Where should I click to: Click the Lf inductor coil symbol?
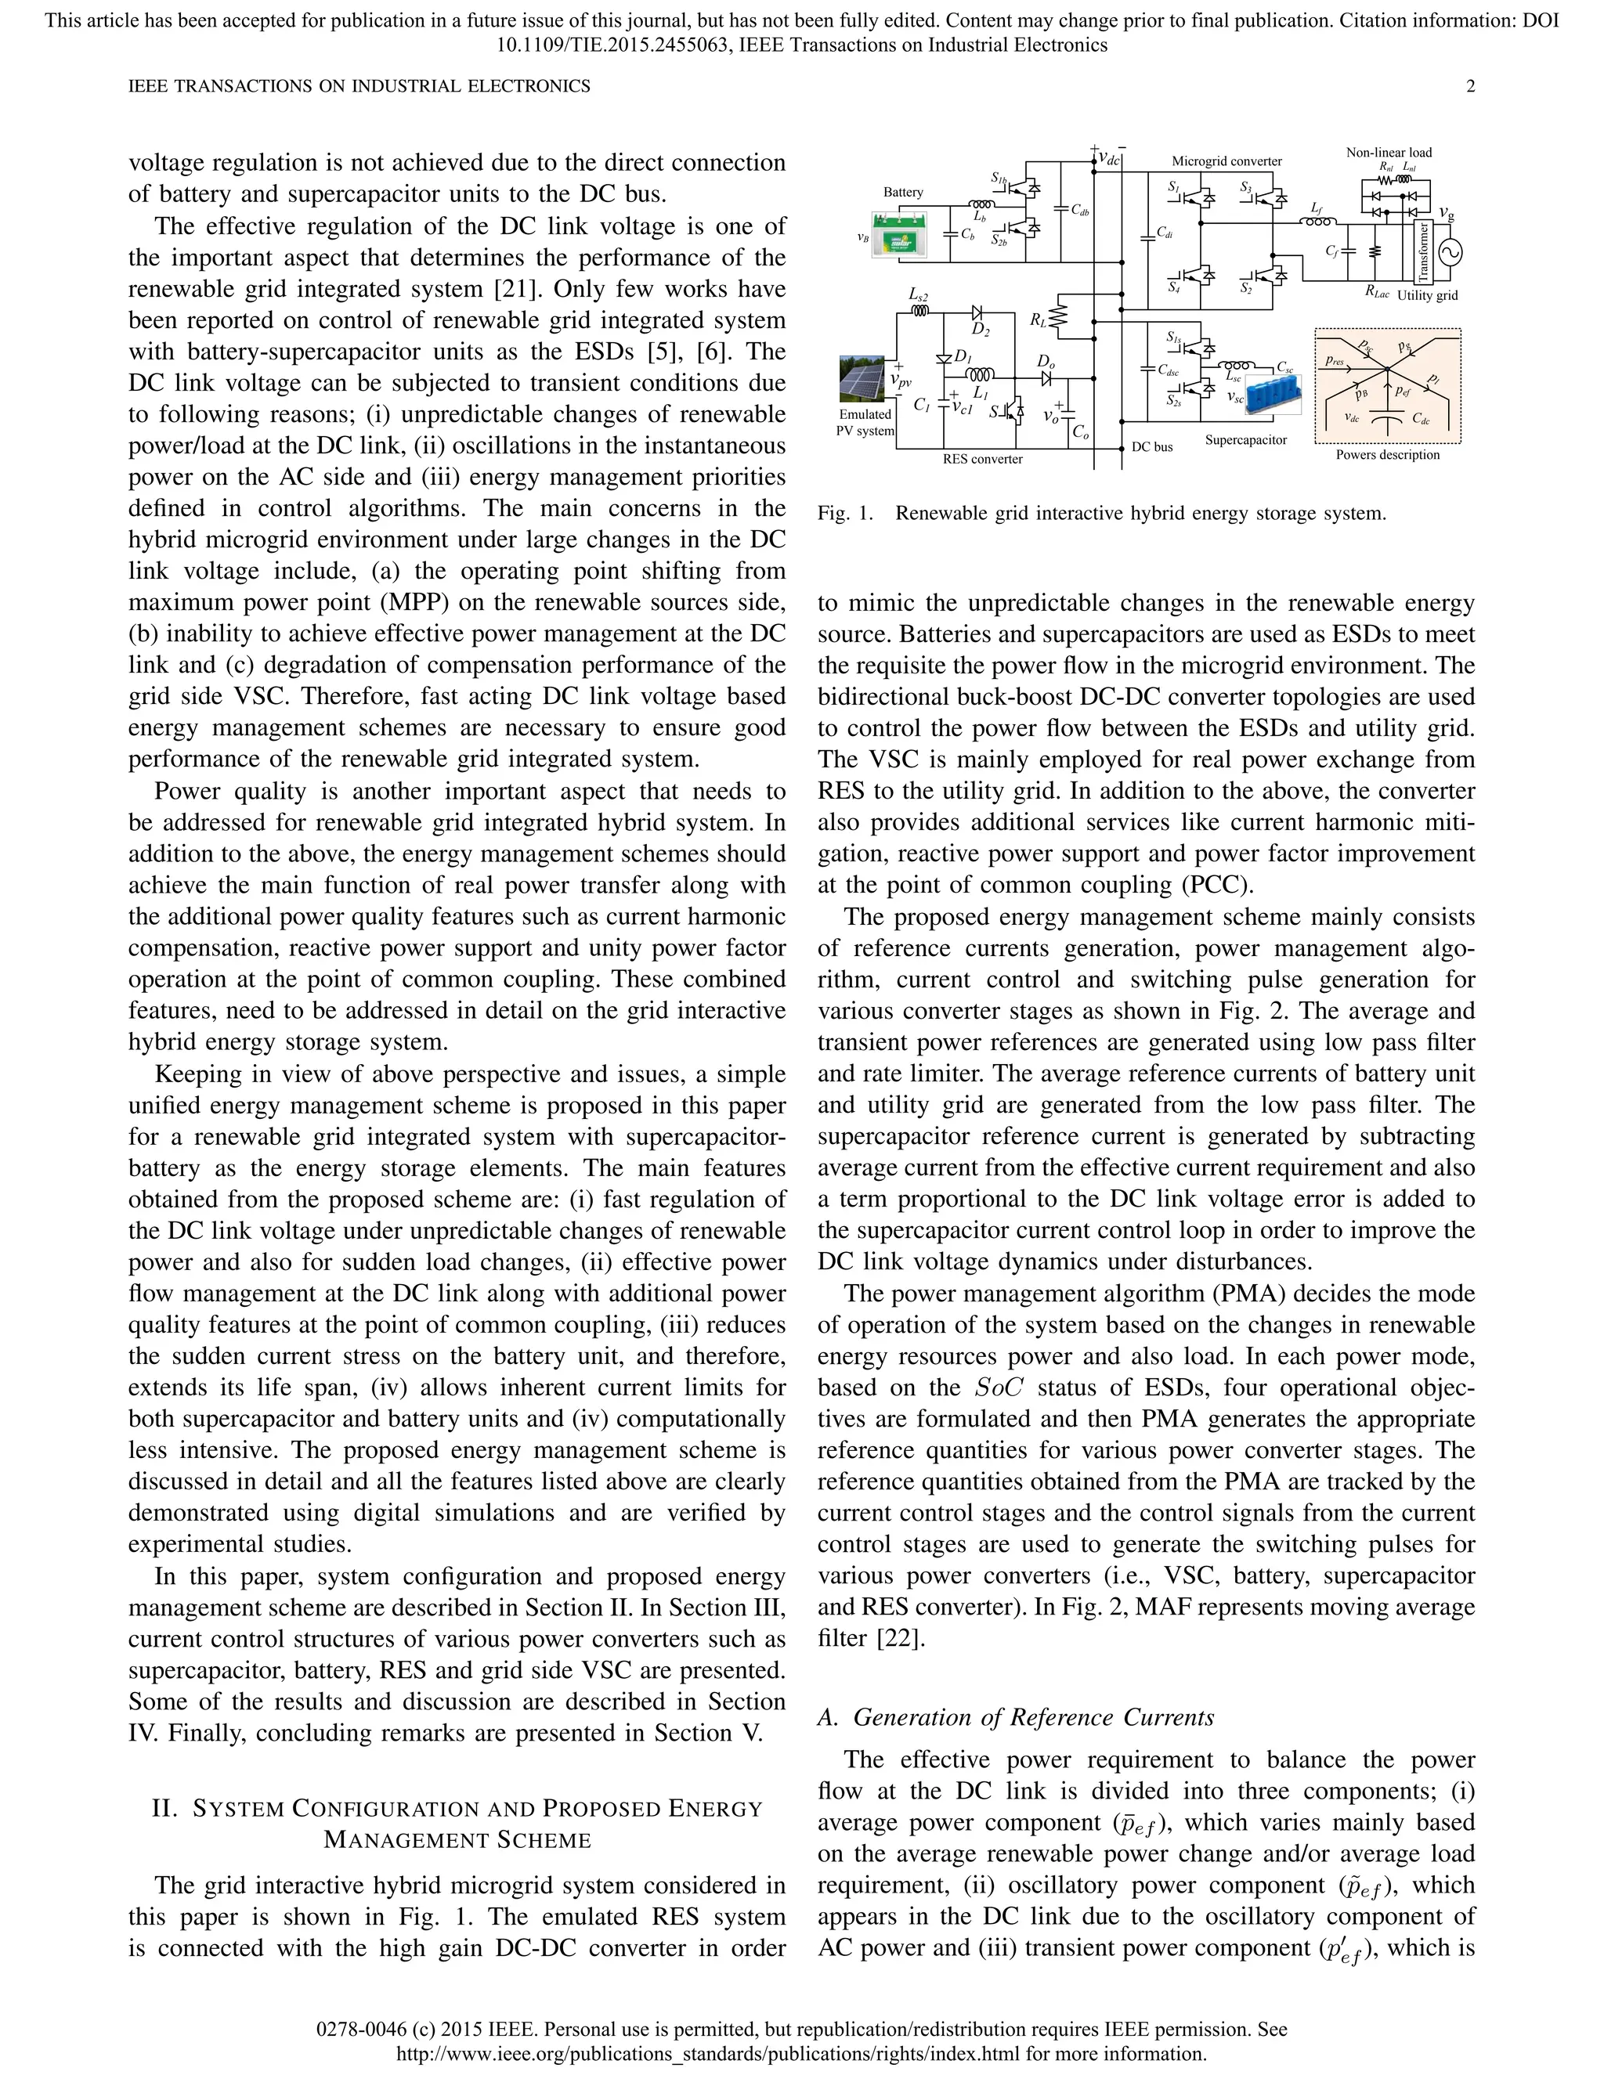(1316, 222)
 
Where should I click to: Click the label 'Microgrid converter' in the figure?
(1226, 161)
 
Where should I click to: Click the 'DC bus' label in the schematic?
(1151, 446)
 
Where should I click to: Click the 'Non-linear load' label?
(1389, 152)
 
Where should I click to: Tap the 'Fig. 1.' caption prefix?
(844, 514)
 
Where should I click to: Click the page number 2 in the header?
(1471, 86)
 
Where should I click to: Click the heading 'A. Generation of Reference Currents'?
(1016, 1717)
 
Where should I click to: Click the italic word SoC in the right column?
(999, 1388)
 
